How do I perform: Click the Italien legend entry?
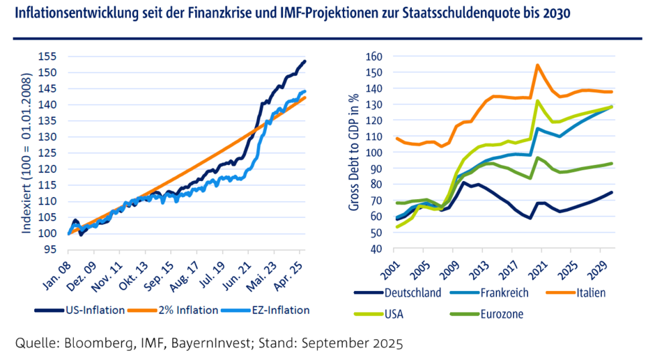pyautogui.click(x=589, y=292)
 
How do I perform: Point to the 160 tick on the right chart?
pyautogui.click(x=375, y=56)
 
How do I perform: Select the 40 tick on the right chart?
pyautogui.click(x=378, y=249)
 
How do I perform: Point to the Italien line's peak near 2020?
pyautogui.click(x=537, y=65)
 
